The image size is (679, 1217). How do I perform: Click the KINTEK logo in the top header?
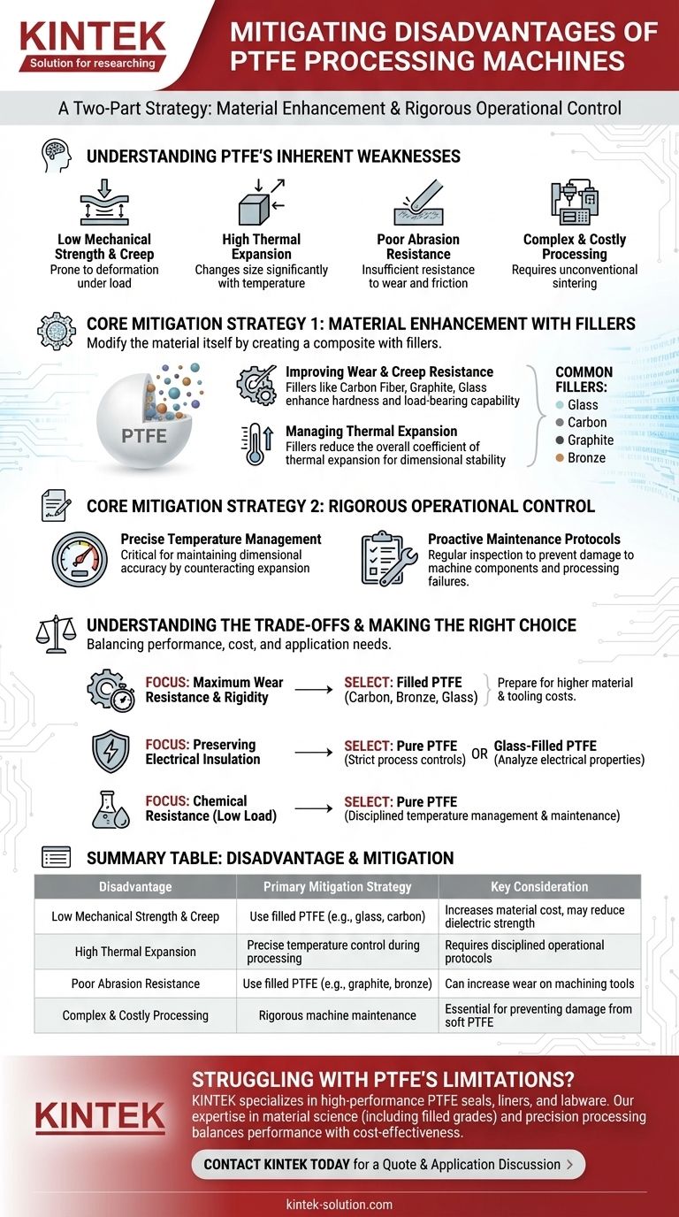(x=92, y=45)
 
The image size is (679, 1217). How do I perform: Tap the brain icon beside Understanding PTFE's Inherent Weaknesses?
(x=56, y=156)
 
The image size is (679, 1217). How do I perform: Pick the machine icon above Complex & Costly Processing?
(x=574, y=203)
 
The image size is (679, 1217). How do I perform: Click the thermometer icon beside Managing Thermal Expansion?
(x=257, y=444)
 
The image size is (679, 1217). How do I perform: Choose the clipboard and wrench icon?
(x=390, y=559)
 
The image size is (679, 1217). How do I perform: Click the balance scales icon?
(x=56, y=633)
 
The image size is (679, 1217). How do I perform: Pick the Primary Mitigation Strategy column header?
(x=337, y=886)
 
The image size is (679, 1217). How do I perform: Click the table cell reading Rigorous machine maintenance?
(x=337, y=1014)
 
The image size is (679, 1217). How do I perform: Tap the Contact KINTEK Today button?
(x=388, y=1164)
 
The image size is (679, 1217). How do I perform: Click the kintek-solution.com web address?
(x=339, y=1204)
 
